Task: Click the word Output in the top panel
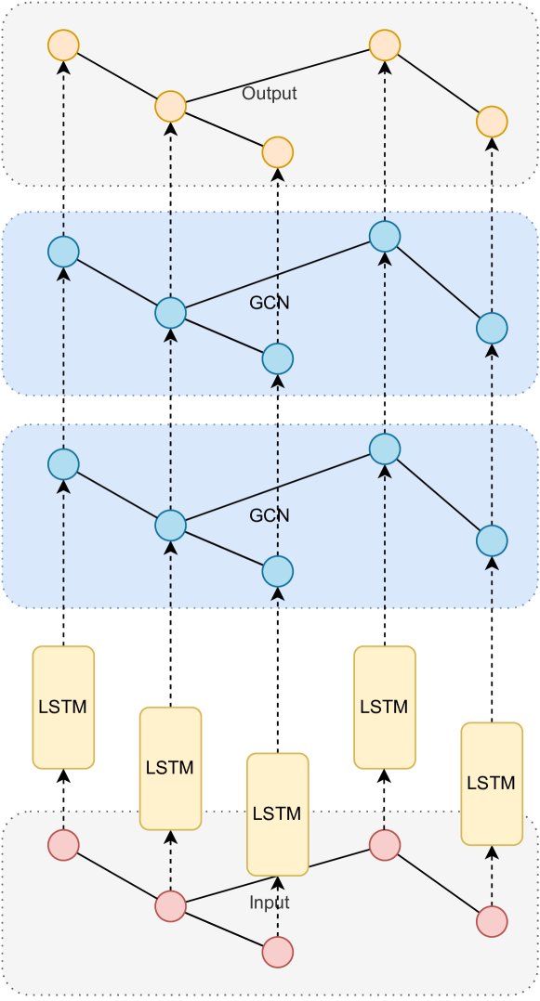click(x=269, y=94)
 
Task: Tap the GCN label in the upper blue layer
click(x=270, y=303)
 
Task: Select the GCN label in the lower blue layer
click(x=270, y=515)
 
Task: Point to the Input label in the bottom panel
click(x=270, y=903)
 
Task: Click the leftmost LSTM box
click(x=63, y=707)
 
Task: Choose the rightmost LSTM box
click(x=492, y=783)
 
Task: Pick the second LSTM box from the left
click(x=170, y=768)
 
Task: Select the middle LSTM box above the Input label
click(x=277, y=813)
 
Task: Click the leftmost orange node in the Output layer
click(x=63, y=45)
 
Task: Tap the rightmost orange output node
click(x=492, y=122)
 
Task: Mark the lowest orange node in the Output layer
click(x=278, y=150)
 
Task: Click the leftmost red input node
click(x=63, y=845)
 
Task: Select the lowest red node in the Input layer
click(x=278, y=952)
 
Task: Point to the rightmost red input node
click(x=492, y=921)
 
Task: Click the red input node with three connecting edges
click(x=170, y=905)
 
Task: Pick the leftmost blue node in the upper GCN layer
click(x=63, y=251)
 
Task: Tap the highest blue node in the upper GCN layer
click(x=385, y=235)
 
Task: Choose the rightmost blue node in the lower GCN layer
click(x=492, y=539)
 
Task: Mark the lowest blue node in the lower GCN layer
click(x=278, y=569)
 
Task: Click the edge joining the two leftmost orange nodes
click(x=116, y=75)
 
